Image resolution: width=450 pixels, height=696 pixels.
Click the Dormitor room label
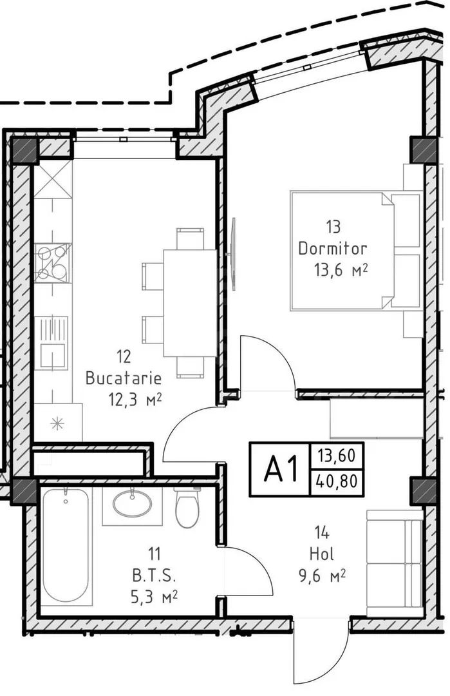[333, 248]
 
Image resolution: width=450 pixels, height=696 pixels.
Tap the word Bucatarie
[123, 378]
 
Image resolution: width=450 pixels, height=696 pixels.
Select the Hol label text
[322, 554]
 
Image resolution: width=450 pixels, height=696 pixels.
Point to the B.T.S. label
[155, 576]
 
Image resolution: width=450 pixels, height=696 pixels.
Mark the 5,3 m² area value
[155, 597]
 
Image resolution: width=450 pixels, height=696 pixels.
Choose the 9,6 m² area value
[322, 576]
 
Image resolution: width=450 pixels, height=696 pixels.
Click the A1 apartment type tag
[280, 470]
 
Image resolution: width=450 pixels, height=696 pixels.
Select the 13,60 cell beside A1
[337, 456]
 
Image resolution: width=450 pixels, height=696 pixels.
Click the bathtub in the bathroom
[66, 546]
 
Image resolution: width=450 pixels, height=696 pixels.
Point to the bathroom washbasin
[132, 504]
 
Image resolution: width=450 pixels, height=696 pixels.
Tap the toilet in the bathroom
[187, 508]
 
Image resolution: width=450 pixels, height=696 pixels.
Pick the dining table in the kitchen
[190, 303]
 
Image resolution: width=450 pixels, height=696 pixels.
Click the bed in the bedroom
[356, 250]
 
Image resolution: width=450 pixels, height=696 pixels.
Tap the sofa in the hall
[394, 563]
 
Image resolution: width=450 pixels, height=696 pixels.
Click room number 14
[322, 532]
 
